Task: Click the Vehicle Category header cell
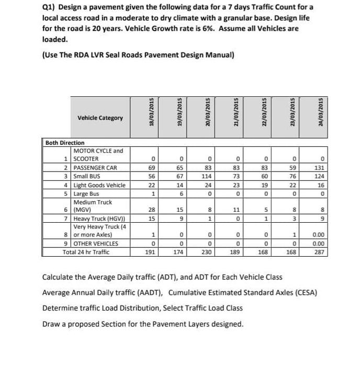(x=100, y=118)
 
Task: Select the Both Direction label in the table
(x=65, y=143)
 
